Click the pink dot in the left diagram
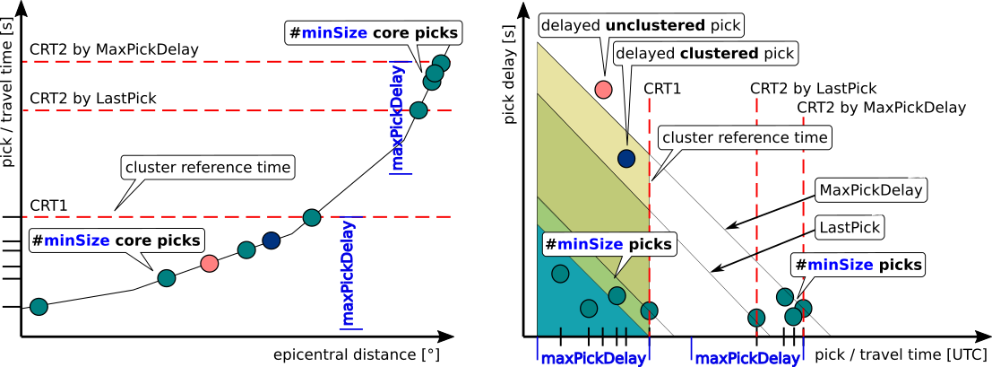tap(210, 263)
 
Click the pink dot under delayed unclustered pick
tap(603, 89)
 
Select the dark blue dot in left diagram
tap(272, 240)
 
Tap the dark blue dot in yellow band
tap(626, 159)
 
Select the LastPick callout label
tap(850, 227)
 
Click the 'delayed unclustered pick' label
tap(642, 25)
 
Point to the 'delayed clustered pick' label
tap(704, 54)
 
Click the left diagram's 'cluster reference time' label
tap(208, 168)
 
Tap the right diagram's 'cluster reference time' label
tap(744, 138)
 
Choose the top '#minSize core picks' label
tap(373, 34)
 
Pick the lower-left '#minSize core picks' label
tap(116, 240)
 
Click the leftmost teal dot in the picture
tap(39, 307)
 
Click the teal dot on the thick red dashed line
tap(312, 217)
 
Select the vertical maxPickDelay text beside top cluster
tap(398, 118)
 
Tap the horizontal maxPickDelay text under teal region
tap(592, 359)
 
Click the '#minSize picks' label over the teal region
tap(608, 244)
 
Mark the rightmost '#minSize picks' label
tap(858, 265)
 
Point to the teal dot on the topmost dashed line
tap(441, 63)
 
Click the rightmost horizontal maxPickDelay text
tap(747, 359)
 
